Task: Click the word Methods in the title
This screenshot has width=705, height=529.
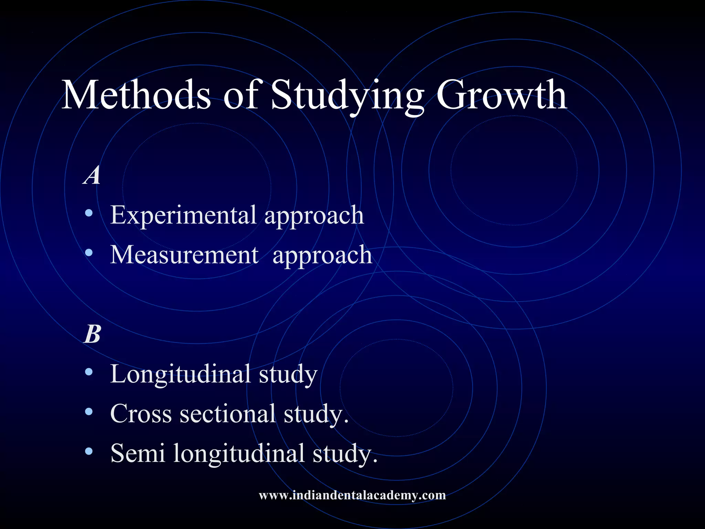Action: pyautogui.click(x=136, y=95)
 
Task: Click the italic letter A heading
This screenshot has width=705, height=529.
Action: pyautogui.click(x=92, y=175)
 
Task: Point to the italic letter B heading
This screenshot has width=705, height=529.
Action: pyautogui.click(x=93, y=334)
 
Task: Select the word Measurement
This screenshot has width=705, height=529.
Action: pyautogui.click(x=184, y=255)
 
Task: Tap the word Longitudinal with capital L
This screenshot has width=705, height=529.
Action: pyautogui.click(x=180, y=374)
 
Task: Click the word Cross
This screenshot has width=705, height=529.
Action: pyautogui.click(x=141, y=414)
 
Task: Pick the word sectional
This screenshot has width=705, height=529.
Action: pyautogui.click(x=228, y=414)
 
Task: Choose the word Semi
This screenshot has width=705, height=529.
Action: pyautogui.click(x=137, y=453)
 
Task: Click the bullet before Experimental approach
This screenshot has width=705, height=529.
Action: pyautogui.click(x=89, y=213)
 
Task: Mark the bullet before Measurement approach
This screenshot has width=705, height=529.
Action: pyautogui.click(x=89, y=253)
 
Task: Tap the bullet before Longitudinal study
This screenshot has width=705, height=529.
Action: pyautogui.click(x=89, y=372)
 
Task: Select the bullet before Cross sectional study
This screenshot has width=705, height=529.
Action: pyautogui.click(x=89, y=412)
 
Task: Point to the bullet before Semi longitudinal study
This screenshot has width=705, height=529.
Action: pyautogui.click(x=89, y=451)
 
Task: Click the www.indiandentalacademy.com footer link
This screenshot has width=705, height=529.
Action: pyautogui.click(x=352, y=495)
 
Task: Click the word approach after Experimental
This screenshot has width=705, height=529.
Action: pyautogui.click(x=314, y=217)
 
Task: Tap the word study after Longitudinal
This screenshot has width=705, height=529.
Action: pyautogui.click(x=288, y=375)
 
